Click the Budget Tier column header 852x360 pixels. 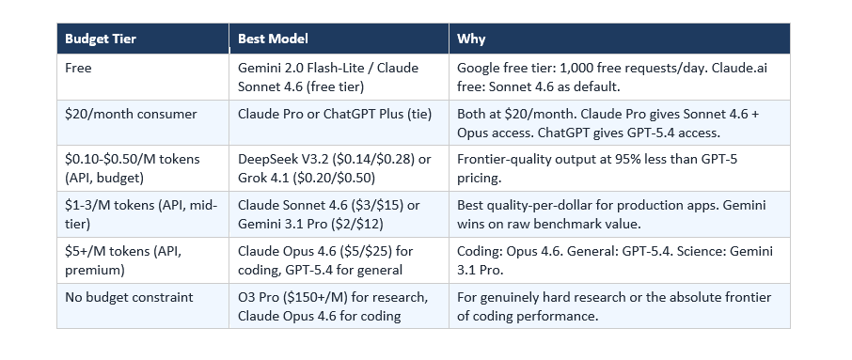(101, 39)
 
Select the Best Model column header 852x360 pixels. (274, 39)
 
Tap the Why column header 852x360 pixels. (471, 39)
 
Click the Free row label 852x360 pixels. (78, 69)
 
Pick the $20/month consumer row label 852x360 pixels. (131, 115)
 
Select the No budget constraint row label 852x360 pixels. (129, 297)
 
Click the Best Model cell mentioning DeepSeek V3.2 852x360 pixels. (335, 168)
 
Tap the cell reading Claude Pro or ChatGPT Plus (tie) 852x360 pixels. (335, 115)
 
